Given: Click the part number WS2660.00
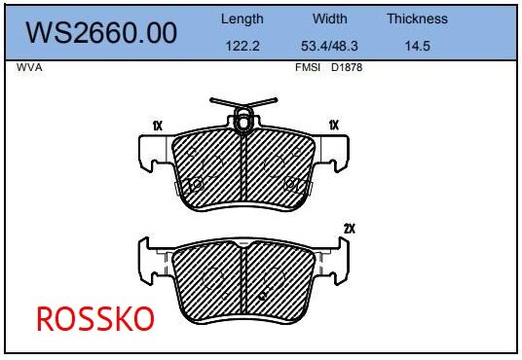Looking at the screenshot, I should coord(101,33).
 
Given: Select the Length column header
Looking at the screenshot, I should coord(242,18).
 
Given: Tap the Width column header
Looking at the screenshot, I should coord(330,18).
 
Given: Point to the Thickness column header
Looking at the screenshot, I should coord(417,18).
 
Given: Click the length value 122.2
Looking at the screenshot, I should coord(242,45).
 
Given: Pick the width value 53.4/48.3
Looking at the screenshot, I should coord(330,45).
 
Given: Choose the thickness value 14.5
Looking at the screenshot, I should coord(417,45).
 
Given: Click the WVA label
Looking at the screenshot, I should coord(29,68).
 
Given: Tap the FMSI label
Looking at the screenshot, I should coord(308,68).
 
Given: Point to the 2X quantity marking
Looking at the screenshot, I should coord(349,229).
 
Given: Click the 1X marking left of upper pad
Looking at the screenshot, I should coord(157,125).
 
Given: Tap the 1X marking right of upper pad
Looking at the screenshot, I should coord(333,125).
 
